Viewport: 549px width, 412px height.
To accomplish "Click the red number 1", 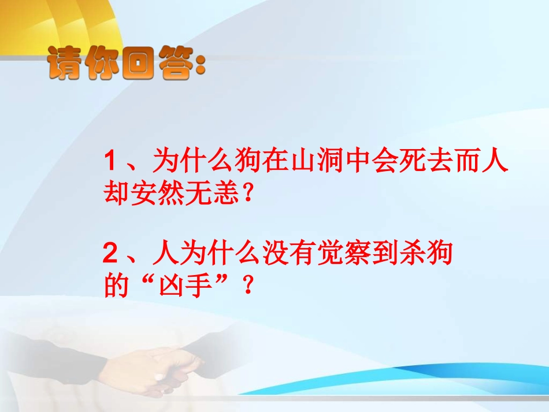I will point(111,161).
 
